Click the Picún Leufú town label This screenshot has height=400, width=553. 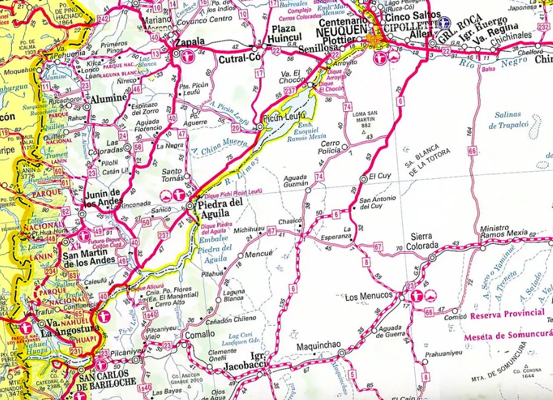pyautogui.click(x=284, y=116)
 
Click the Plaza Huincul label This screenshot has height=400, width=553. pyautogui.click(x=284, y=34)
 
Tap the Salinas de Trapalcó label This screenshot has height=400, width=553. pyautogui.click(x=511, y=119)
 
